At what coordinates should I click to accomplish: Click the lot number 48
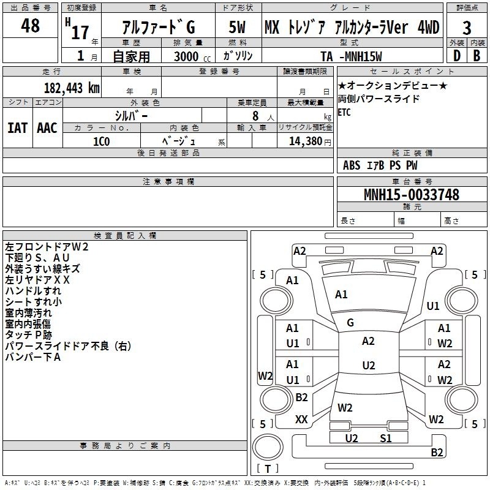coord(30,25)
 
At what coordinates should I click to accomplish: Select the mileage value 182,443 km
coord(72,88)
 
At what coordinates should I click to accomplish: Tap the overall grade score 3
coord(467,28)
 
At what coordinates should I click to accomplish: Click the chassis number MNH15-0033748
coord(412,195)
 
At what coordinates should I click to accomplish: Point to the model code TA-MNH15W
coord(351,56)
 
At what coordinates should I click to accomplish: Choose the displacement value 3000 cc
coord(192,56)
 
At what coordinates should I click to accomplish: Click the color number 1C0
coord(101,141)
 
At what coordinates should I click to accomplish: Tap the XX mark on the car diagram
coord(301,420)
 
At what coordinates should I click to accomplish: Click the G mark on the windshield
coord(350,323)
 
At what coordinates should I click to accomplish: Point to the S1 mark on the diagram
coord(386,439)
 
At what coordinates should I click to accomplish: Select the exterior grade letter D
coord(457,56)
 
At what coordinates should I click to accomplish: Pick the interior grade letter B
coord(477,56)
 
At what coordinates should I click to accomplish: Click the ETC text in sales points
coord(344,112)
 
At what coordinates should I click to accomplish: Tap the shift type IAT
coord(18,128)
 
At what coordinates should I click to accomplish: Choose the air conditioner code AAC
coord(47,128)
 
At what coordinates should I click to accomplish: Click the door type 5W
coord(237,27)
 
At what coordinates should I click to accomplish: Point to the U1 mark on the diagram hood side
coord(433,306)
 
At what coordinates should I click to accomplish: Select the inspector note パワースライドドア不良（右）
coord(68,346)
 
